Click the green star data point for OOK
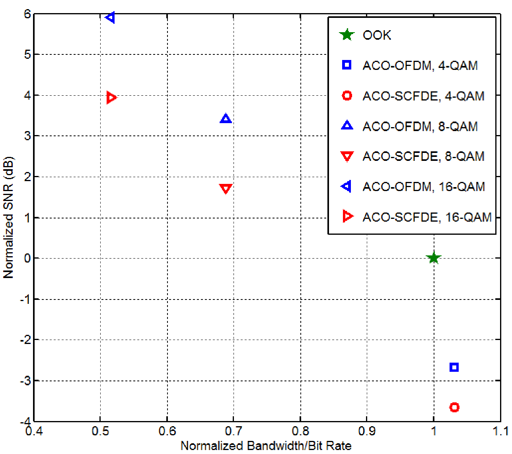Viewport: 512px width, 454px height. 433,258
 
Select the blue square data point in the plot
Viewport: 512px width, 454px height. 454,367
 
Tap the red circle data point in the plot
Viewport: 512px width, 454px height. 454,407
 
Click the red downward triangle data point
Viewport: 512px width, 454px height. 226,189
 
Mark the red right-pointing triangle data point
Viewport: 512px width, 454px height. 111,97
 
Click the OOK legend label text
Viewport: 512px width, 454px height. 377,35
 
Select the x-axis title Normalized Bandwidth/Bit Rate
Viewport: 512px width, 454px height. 266,446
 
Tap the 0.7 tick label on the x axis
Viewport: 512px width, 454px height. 233,431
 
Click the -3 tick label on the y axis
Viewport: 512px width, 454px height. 25,381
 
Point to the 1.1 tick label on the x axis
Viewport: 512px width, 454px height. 500,431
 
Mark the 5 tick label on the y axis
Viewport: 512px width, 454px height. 27,54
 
